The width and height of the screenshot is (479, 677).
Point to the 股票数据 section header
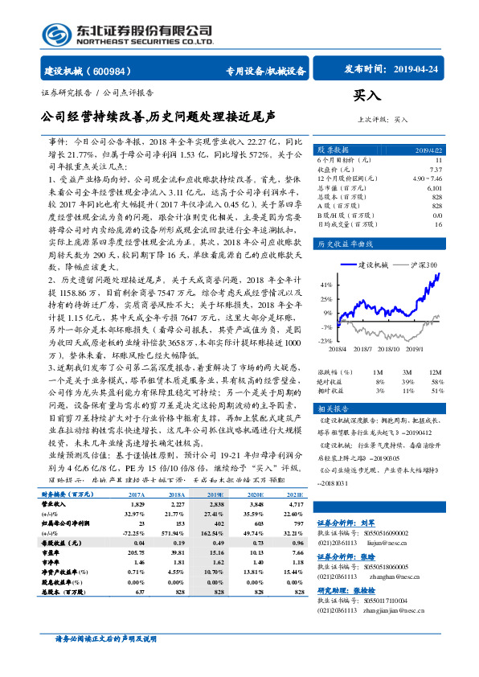coord(333,150)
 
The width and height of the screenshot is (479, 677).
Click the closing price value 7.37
coord(436,169)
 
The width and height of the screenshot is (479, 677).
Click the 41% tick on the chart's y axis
coord(325,285)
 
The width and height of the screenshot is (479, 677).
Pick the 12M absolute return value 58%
coord(436,381)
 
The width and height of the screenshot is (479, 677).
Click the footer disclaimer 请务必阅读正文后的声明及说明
coord(104,661)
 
